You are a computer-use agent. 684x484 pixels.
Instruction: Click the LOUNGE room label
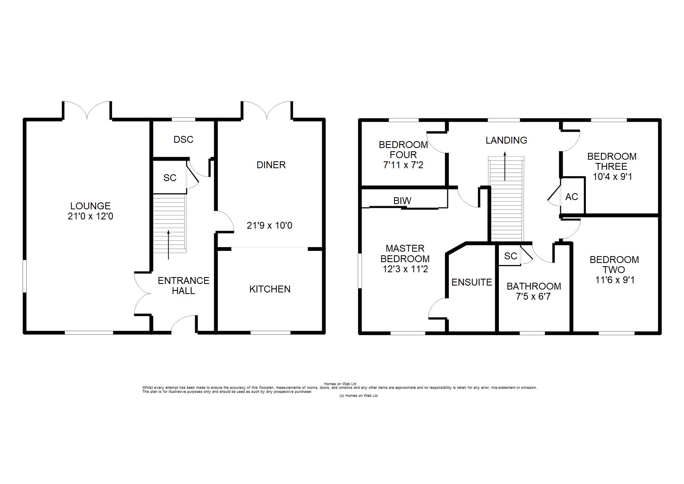point(90,206)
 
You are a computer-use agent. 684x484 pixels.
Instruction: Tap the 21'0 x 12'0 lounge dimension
point(90,217)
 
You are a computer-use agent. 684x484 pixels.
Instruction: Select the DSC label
point(183,140)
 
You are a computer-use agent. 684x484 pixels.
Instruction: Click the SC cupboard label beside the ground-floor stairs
point(170,178)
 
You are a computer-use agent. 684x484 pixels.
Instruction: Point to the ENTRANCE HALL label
point(184,286)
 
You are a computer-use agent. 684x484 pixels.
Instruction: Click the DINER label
point(271,165)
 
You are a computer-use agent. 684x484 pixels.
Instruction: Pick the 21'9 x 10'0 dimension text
point(269,225)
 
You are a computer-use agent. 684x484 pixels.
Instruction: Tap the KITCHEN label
point(270,289)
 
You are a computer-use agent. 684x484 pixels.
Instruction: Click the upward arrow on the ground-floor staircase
point(168,244)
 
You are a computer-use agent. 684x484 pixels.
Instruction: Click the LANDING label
point(506,140)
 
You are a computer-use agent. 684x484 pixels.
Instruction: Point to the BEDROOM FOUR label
point(403,150)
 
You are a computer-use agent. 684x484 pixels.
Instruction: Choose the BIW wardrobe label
point(402,200)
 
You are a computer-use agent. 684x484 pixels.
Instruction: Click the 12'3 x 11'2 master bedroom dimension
point(405,269)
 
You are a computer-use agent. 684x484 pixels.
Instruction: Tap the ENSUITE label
point(472,282)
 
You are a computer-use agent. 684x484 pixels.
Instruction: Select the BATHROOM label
point(534,286)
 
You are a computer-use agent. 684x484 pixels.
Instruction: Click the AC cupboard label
point(571,197)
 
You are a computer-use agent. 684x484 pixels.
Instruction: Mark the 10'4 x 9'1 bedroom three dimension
point(613,177)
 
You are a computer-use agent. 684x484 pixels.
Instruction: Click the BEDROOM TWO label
point(614,265)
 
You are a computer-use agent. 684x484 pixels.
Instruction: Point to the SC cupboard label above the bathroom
point(511,256)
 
